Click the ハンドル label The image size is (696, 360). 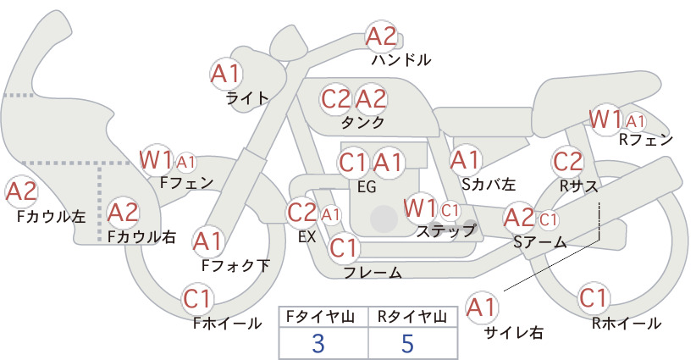pos(401,59)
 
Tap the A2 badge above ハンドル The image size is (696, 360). pos(381,36)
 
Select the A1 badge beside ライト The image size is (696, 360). pos(226,74)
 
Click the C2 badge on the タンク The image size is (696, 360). pos(336,99)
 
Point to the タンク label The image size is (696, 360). pos(362,122)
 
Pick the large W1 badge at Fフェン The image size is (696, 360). pos(155,160)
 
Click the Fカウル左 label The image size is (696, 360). pos(51,216)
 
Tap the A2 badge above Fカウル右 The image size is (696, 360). pos(124,213)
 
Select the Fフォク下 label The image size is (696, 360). pos(235,265)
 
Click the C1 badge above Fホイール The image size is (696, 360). pos(197,299)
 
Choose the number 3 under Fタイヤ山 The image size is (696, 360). pos(318,343)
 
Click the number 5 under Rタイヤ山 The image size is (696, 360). pos(407,343)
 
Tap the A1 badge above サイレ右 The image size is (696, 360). pos(482,307)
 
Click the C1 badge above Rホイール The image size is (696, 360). pos(594,298)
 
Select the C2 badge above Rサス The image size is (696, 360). pos(567,162)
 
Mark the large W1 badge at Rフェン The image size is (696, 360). pos(605,119)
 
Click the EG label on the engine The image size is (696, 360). pos(367,187)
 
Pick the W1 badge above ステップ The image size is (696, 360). pos(420,208)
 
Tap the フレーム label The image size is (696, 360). pos(373,272)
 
